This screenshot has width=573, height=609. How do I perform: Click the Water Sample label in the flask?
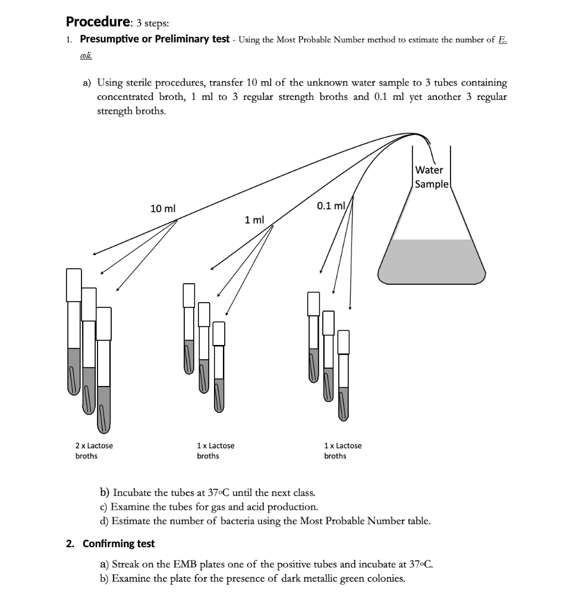[x=432, y=177]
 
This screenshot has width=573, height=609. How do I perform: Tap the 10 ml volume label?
[x=163, y=209]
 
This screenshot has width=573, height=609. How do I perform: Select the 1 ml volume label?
[x=254, y=220]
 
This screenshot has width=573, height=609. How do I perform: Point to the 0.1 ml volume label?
[x=331, y=206]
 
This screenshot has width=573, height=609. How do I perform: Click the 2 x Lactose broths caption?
[x=93, y=451]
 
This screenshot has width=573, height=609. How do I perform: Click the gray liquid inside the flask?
[x=433, y=262]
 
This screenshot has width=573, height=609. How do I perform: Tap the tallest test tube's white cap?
[x=73, y=284]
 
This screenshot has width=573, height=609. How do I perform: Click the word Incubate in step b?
[x=134, y=493]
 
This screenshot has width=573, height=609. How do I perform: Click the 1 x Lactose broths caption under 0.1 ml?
[x=342, y=451]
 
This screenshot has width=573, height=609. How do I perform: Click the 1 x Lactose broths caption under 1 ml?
[x=215, y=451]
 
